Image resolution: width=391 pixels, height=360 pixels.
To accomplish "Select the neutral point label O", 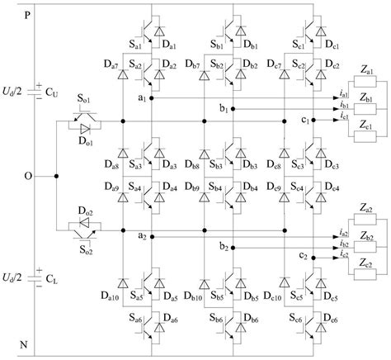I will [x=29, y=176].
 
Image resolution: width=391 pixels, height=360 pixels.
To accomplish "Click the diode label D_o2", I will [x=86, y=212].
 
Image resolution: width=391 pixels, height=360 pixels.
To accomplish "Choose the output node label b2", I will [x=224, y=246].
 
